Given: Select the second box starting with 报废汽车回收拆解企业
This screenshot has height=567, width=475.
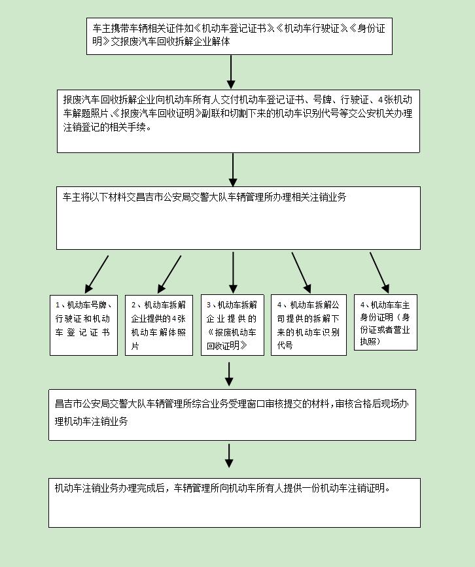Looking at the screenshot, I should tap(238, 121).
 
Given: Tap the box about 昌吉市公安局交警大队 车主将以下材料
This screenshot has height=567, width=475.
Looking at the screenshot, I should tap(238, 218).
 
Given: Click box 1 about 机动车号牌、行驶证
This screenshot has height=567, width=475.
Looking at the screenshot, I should tap(83, 325).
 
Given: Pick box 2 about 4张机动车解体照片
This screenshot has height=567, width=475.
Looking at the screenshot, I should tap(158, 325).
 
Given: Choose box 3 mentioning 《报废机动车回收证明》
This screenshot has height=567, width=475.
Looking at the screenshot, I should tap(232, 325).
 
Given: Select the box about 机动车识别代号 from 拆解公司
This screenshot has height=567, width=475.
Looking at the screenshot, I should tap(309, 325).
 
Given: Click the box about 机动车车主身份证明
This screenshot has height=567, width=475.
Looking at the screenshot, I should tap(385, 322).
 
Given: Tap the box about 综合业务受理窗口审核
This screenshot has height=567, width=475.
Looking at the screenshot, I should tap(232, 415).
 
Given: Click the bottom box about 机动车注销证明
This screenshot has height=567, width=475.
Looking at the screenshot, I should tap(234, 502).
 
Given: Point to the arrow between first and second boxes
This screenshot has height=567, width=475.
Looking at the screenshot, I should tap(231, 72).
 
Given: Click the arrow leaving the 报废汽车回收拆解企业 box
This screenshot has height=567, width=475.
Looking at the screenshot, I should tap(233, 169).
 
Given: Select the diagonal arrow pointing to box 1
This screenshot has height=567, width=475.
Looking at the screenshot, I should tap(96, 273).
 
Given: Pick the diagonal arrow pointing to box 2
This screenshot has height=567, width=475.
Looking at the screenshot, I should tap(169, 273).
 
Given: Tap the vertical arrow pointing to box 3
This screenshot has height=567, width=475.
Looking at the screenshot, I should tap(233, 272).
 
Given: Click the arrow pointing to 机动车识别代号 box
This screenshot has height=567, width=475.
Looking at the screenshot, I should tap(301, 272).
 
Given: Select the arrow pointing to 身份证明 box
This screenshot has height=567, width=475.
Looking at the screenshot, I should tap(379, 272).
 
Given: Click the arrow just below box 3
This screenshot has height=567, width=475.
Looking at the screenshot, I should tap(229, 373).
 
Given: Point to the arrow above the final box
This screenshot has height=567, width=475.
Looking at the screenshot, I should tap(229, 455).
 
